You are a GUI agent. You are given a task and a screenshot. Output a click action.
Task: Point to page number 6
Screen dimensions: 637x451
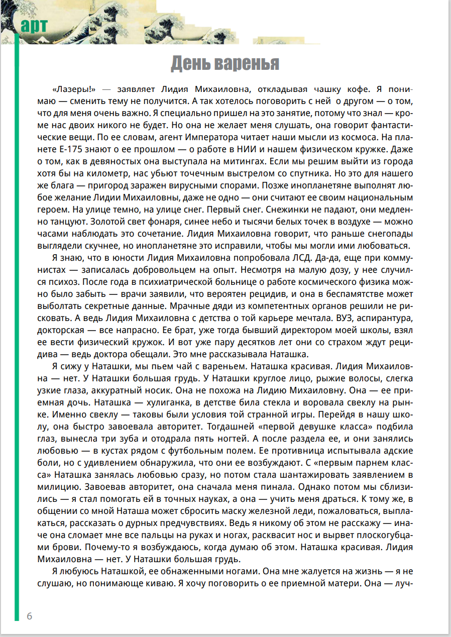[x=30, y=616]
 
